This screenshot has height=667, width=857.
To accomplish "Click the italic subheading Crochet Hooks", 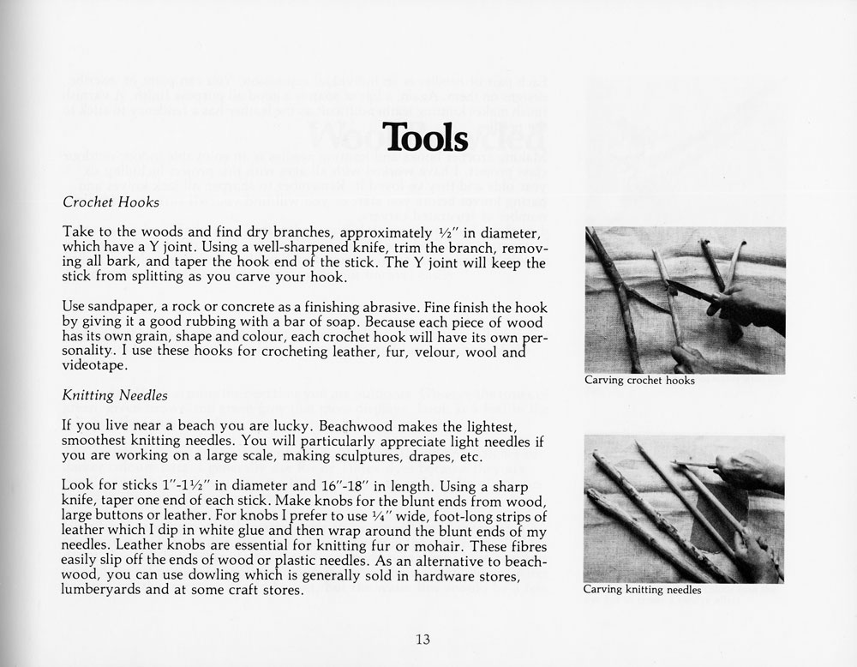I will [x=111, y=203].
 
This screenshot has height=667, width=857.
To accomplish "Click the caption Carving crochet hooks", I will [x=639, y=380].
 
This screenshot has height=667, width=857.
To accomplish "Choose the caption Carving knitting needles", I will [x=643, y=590].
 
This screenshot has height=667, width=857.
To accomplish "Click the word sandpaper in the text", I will [x=120, y=306].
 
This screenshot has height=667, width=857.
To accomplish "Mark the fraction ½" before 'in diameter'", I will [x=440, y=232].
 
